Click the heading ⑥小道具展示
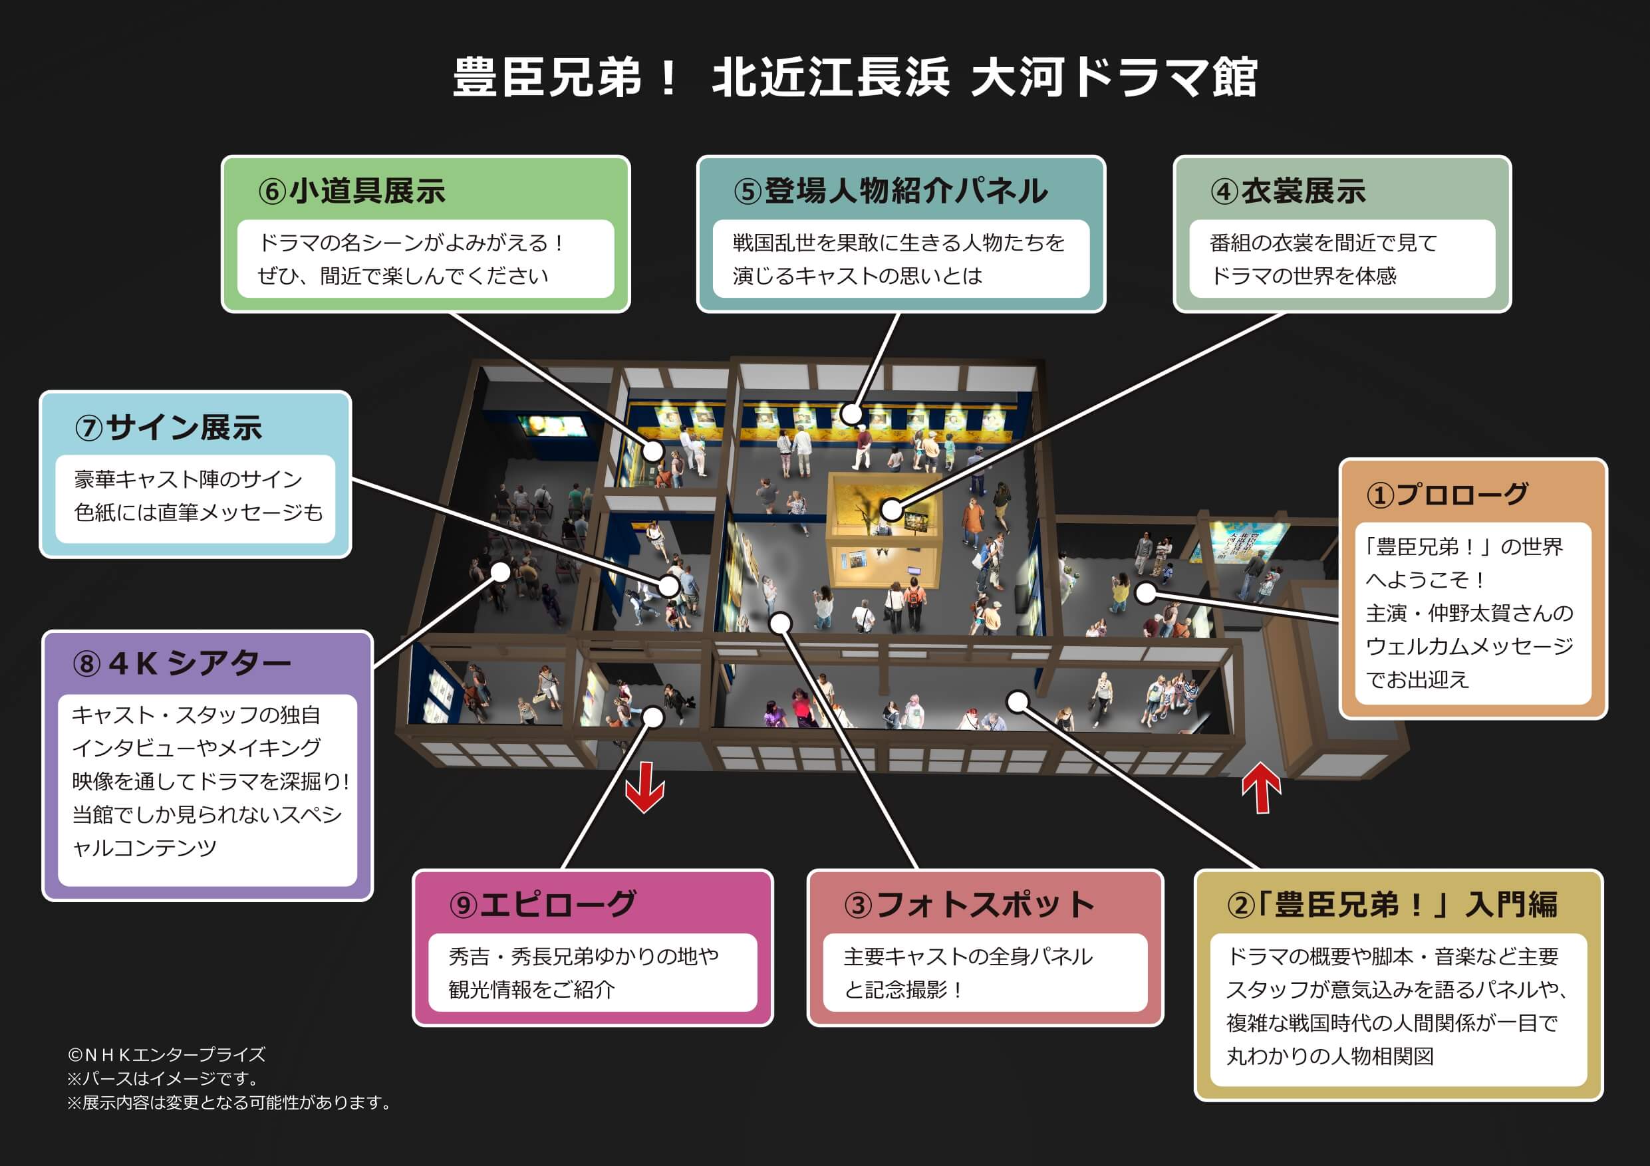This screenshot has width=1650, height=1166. coord(351,191)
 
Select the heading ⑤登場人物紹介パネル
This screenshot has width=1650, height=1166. coord(891,191)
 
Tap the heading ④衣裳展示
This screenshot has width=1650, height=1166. coord(1288,191)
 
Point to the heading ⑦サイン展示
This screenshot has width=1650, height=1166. coord(168,427)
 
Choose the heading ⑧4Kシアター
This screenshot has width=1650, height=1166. coord(182,663)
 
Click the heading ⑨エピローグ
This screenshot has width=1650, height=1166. coord(543,904)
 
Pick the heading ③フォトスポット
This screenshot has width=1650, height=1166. coord(970,904)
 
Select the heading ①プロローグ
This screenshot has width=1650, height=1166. coord(1446,495)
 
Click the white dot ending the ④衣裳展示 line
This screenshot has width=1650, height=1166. coord(891,510)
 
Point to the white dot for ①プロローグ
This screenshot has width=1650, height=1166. coord(1145,593)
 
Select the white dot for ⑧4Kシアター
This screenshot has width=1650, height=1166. coord(500,572)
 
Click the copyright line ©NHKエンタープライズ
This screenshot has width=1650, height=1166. coord(167,1054)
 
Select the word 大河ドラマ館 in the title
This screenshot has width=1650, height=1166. coord(1113,78)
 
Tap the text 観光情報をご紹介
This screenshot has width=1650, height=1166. coord(532,990)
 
